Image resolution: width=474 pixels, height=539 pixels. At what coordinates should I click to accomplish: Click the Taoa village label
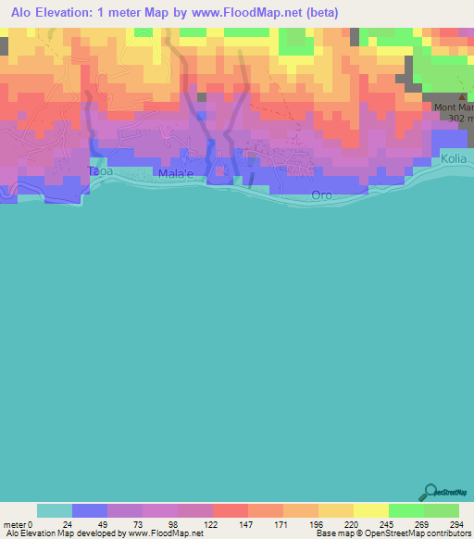[99, 171]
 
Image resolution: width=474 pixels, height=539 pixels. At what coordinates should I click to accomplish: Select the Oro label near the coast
[321, 195]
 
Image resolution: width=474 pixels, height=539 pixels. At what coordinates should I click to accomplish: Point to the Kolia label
[454, 159]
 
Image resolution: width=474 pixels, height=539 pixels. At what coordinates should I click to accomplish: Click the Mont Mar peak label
[454, 107]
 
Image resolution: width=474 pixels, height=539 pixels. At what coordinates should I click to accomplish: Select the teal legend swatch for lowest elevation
[55, 510]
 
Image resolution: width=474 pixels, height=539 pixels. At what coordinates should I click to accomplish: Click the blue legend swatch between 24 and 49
[90, 510]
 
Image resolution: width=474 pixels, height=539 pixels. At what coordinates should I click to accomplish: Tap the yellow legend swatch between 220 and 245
[370, 510]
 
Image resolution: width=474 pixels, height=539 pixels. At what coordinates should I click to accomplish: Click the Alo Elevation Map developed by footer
[102, 533]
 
